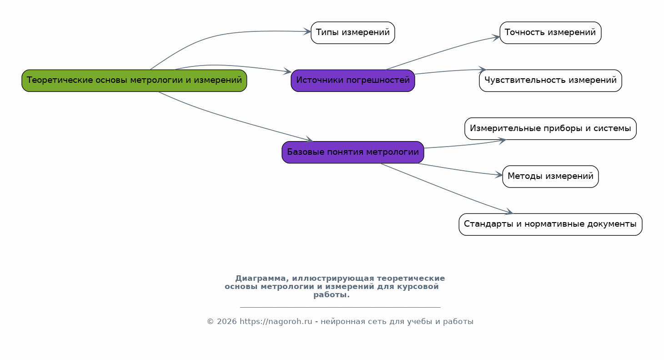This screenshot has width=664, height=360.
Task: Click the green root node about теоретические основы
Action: pos(134,81)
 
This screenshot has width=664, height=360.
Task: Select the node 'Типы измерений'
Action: pos(352,33)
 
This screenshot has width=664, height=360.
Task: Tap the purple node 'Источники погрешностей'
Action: pos(352,81)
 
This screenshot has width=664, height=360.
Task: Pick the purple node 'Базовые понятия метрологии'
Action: pos(352,152)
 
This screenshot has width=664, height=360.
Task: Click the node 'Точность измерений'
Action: pos(550,33)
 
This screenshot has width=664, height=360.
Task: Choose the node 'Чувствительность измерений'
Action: pos(550,81)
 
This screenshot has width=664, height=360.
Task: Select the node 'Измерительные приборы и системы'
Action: pos(550,128)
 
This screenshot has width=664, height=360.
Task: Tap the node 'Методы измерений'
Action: pos(550,176)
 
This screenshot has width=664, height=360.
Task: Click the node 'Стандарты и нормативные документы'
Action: pos(550,224)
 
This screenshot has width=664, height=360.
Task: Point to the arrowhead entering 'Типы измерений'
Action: pos(308,31)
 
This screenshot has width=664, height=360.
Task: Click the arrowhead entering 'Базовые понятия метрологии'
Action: pos(309,140)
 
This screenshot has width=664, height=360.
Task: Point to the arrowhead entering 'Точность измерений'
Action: pos(497,37)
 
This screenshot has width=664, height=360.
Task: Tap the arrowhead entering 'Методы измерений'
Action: pos(499,175)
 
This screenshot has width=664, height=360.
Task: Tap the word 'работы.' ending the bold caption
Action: pos(332,295)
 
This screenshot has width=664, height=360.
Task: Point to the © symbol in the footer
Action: pos(210,322)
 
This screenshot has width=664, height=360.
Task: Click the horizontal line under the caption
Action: pos(340,307)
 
